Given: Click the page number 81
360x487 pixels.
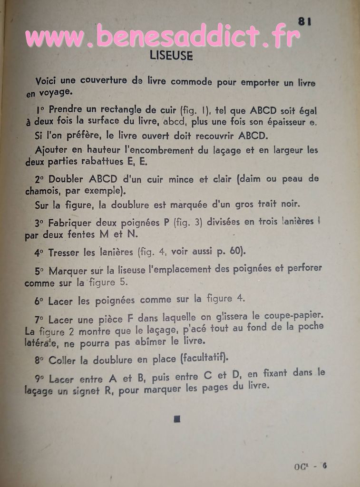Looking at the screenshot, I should point(304,21).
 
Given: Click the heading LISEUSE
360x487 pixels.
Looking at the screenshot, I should point(171,56).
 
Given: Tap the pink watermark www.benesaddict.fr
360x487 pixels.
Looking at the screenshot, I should point(162,36).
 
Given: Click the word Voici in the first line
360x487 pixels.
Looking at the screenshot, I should point(46,81).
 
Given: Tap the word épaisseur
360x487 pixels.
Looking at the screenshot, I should point(287,122).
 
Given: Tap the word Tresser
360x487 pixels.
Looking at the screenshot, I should point(63,253).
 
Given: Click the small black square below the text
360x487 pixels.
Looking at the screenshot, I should point(177,419).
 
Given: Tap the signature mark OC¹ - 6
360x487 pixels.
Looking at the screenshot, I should point(310,467).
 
